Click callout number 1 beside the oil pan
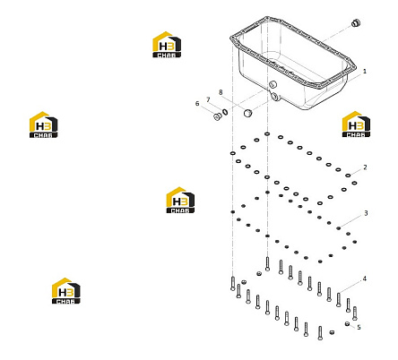tap(365, 72)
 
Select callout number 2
tap(365, 167)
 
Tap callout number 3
tap(366, 213)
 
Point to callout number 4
tap(365, 279)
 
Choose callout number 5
tap(359, 327)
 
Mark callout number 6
tap(197, 104)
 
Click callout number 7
tap(208, 99)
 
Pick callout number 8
tap(221, 92)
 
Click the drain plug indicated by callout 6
tap(218, 116)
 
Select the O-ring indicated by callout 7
tap(226, 112)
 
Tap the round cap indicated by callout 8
tap(247, 113)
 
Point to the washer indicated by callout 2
tap(348, 176)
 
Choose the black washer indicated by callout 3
tap(338, 228)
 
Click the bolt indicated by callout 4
tap(338, 300)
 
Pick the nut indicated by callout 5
tap(347, 323)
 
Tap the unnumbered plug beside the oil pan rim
tap(356, 22)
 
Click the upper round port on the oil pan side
tap(273, 84)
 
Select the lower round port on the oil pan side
tap(274, 97)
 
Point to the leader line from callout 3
tap(351, 221)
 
